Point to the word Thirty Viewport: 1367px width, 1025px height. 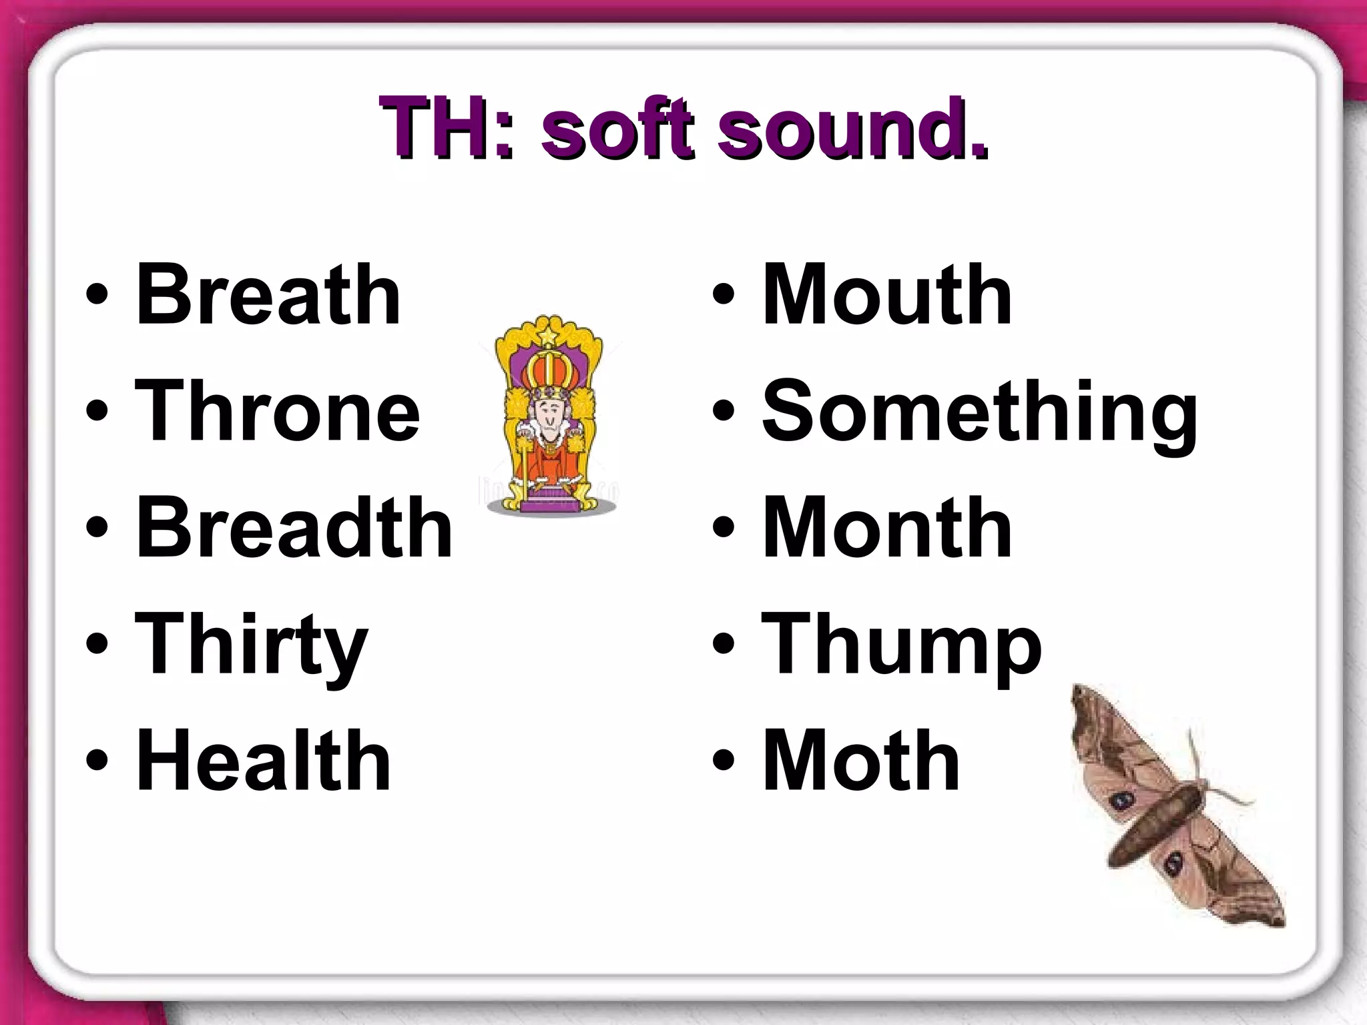[251, 645]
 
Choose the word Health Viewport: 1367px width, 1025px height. [263, 761]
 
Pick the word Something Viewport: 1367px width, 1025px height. [979, 412]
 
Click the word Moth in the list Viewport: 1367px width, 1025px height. [860, 761]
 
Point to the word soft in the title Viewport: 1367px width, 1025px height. [618, 128]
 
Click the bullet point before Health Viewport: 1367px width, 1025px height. [97, 761]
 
